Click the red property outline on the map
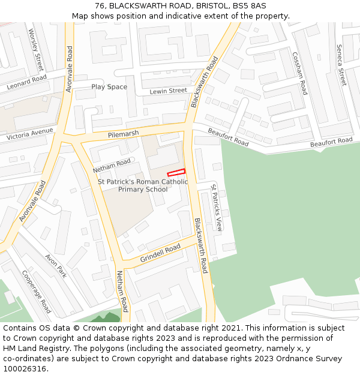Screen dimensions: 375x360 [176, 172]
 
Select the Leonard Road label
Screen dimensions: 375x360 [26, 82]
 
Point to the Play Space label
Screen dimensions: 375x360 [109, 87]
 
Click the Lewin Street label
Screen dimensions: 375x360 [169, 91]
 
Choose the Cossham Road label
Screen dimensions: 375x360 [300, 73]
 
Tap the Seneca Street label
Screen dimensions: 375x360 [341, 65]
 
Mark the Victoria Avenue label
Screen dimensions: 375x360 [30, 134]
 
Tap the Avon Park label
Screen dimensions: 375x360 [56, 265]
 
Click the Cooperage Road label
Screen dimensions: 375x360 [36, 292]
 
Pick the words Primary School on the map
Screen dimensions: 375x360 [143, 190]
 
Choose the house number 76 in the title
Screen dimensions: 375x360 [100, 5]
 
